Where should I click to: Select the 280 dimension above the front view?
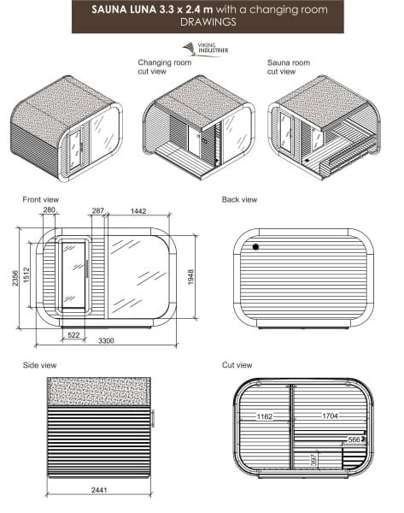point(50,209)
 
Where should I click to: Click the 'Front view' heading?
point(40,198)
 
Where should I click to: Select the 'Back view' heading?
point(239,198)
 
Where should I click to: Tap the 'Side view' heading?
point(39,365)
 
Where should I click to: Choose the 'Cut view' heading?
point(237,365)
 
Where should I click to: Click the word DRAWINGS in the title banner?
point(202,23)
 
